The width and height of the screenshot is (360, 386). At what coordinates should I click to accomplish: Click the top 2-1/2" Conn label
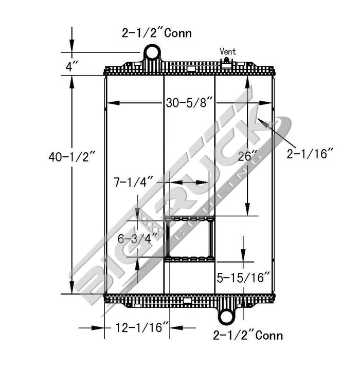[x=156, y=33]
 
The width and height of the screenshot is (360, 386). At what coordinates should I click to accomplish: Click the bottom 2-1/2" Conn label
[x=247, y=336]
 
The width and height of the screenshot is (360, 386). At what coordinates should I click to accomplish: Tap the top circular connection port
[x=152, y=52]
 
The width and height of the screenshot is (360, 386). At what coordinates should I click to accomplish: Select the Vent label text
[x=227, y=51]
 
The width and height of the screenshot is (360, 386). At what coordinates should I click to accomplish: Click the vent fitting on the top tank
[x=226, y=61]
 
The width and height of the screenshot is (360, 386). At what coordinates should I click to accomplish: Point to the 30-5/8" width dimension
[x=189, y=102]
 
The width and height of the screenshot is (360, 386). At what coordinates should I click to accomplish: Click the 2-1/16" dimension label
[x=310, y=153]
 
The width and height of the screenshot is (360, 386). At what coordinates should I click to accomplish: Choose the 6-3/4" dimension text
[x=136, y=238]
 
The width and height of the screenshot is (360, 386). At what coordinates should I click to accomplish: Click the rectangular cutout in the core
[x=189, y=240]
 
